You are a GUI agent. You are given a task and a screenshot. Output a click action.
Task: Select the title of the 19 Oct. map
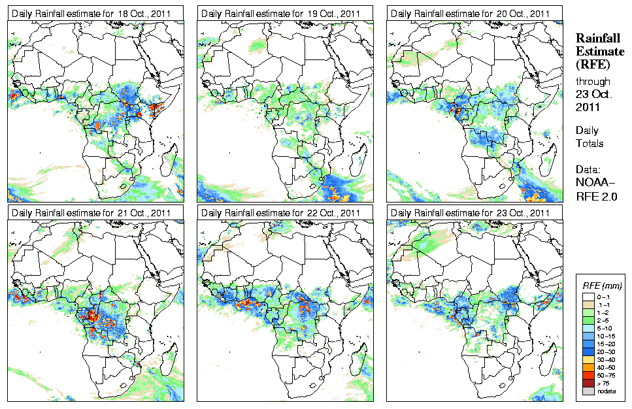281,13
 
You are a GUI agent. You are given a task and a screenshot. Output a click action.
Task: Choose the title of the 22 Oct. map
281,212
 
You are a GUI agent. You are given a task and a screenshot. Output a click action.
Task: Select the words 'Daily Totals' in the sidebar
590,137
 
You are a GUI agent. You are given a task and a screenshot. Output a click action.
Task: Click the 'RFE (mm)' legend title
602,286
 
